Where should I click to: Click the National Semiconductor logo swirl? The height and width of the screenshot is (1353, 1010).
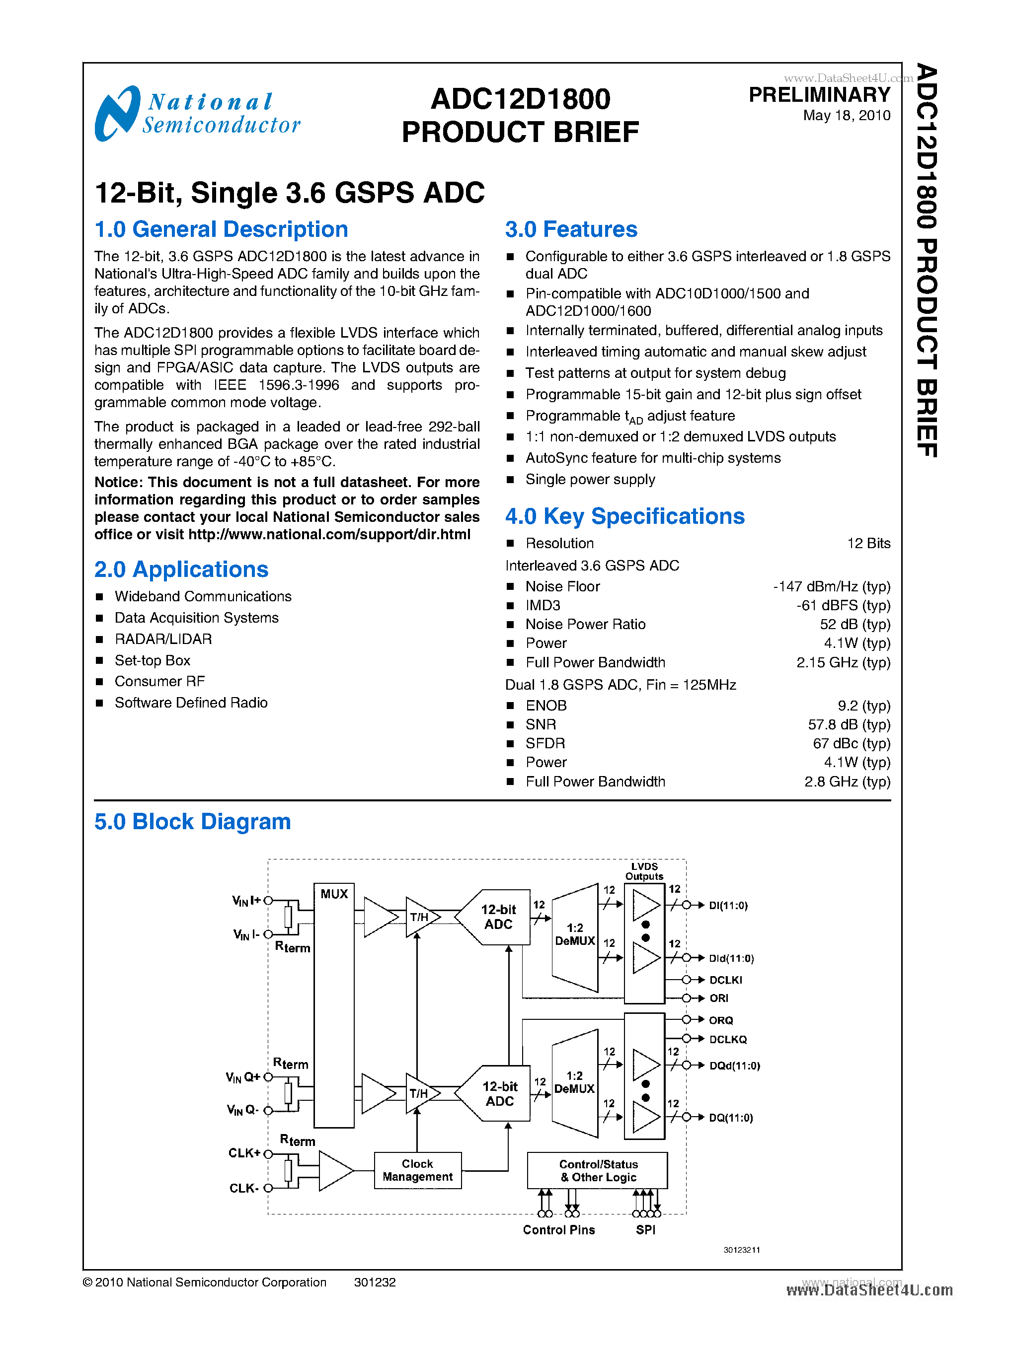(117, 114)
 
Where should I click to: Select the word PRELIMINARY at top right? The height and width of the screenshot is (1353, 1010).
(819, 95)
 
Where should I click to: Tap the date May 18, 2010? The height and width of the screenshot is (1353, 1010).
(846, 116)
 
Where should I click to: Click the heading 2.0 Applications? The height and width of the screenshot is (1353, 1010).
(181, 570)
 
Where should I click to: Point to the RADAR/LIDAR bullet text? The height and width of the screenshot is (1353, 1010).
(163, 639)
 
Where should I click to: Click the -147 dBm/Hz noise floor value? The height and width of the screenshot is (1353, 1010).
(832, 587)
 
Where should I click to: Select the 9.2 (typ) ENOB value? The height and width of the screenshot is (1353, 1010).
(864, 706)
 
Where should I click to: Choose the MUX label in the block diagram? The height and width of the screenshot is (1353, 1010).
(334, 894)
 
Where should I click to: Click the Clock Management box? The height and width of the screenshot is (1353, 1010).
(418, 1170)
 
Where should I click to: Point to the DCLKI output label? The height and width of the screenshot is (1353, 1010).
(726, 980)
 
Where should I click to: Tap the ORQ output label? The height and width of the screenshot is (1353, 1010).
(721, 1020)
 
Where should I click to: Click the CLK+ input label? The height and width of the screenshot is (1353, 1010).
(244, 1153)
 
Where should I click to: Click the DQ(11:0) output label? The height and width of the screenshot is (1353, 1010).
(731, 1118)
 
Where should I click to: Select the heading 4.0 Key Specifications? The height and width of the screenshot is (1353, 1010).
(625, 516)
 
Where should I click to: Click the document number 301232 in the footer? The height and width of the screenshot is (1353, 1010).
(375, 1282)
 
